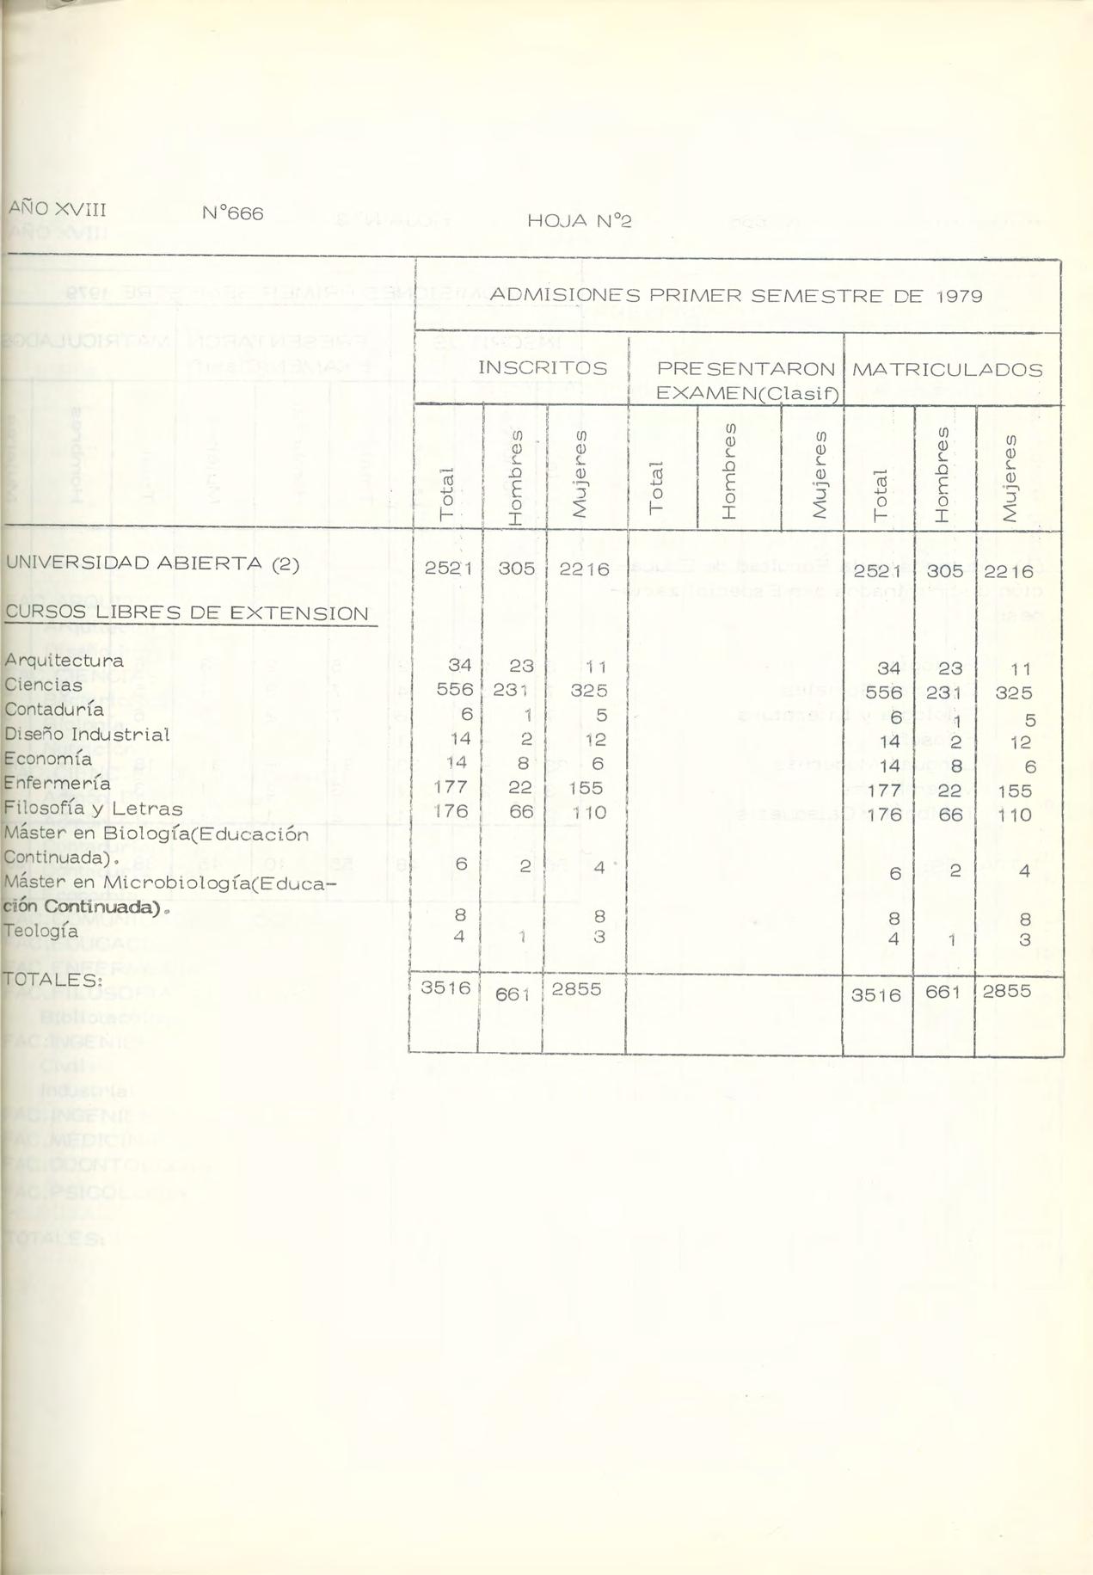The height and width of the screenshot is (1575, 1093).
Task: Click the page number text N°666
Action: pyautogui.click(x=233, y=212)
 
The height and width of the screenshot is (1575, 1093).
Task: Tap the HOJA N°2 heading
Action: pyautogui.click(x=579, y=221)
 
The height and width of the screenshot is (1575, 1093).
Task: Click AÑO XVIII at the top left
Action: pyautogui.click(x=58, y=208)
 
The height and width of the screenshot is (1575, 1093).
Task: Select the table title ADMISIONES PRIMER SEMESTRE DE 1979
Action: pyautogui.click(x=735, y=296)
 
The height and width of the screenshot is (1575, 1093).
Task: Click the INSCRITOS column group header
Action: pyautogui.click(x=543, y=367)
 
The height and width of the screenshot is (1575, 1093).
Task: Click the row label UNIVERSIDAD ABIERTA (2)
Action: pyautogui.click(x=152, y=563)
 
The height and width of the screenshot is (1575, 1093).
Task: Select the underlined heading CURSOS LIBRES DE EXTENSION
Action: pyautogui.click(x=187, y=613)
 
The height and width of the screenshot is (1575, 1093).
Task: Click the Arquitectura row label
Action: pyautogui.click(x=64, y=661)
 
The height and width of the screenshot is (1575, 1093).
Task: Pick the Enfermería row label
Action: pyautogui.click(x=57, y=784)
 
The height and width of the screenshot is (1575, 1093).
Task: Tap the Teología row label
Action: pyautogui.click(x=40, y=931)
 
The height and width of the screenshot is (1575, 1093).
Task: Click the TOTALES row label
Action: pyautogui.click(x=41, y=979)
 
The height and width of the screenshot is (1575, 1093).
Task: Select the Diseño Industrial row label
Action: pyautogui.click(x=87, y=735)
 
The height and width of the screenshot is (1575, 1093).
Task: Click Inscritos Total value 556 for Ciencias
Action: pyautogui.click(x=455, y=690)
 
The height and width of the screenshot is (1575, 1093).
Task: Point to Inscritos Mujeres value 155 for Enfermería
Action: pyautogui.click(x=586, y=788)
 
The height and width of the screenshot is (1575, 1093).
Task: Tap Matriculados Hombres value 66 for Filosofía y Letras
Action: pyautogui.click(x=950, y=815)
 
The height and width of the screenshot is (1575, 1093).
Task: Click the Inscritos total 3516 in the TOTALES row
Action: pyautogui.click(x=445, y=988)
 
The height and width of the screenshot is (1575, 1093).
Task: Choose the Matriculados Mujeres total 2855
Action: pyautogui.click(x=1006, y=990)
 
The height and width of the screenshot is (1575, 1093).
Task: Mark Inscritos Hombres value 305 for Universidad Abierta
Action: pyautogui.click(x=517, y=569)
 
